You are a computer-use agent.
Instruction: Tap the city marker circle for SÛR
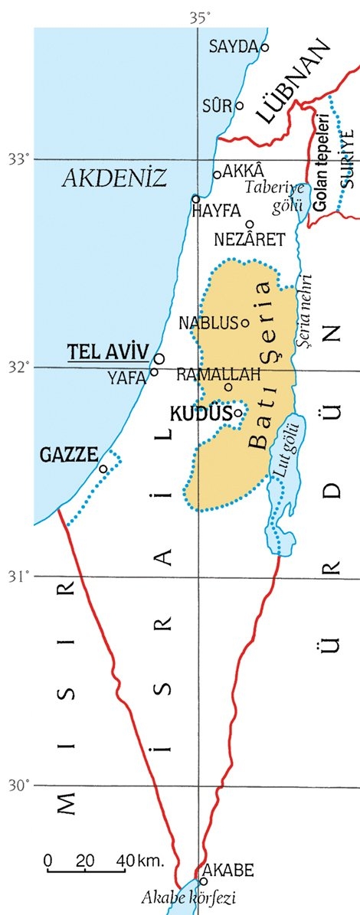[x=239, y=106]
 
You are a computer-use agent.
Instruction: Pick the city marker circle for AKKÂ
[x=217, y=175]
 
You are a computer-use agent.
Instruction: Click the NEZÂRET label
[x=250, y=240]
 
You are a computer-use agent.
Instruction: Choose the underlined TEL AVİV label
[x=107, y=352]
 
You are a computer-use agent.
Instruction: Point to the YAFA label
[x=126, y=376]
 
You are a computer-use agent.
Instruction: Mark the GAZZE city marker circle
[x=103, y=469]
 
